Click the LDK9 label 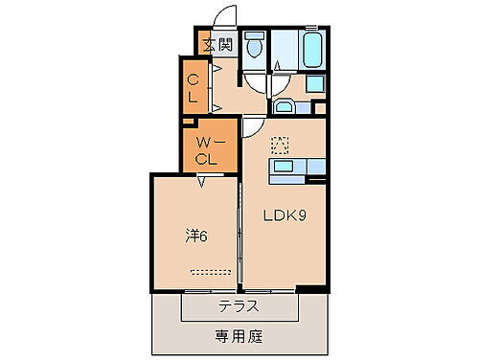(285, 215)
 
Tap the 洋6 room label (195, 233)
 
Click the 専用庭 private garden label (239, 336)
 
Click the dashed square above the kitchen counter (280, 146)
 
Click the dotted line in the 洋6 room (210, 270)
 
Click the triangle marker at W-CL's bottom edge (201, 180)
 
